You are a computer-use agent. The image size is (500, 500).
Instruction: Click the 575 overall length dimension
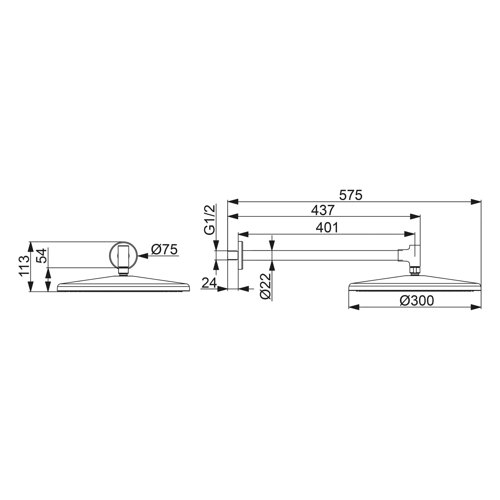(x=350, y=195)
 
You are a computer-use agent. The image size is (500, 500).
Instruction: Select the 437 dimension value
(x=322, y=210)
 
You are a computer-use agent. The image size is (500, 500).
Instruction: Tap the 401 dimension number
(x=327, y=228)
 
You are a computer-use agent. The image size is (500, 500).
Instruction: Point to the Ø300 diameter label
(x=417, y=301)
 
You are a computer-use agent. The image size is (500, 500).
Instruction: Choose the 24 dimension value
(x=209, y=283)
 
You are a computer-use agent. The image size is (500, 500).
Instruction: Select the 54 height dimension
(x=42, y=256)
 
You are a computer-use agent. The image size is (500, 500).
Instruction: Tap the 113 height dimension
(x=24, y=266)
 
